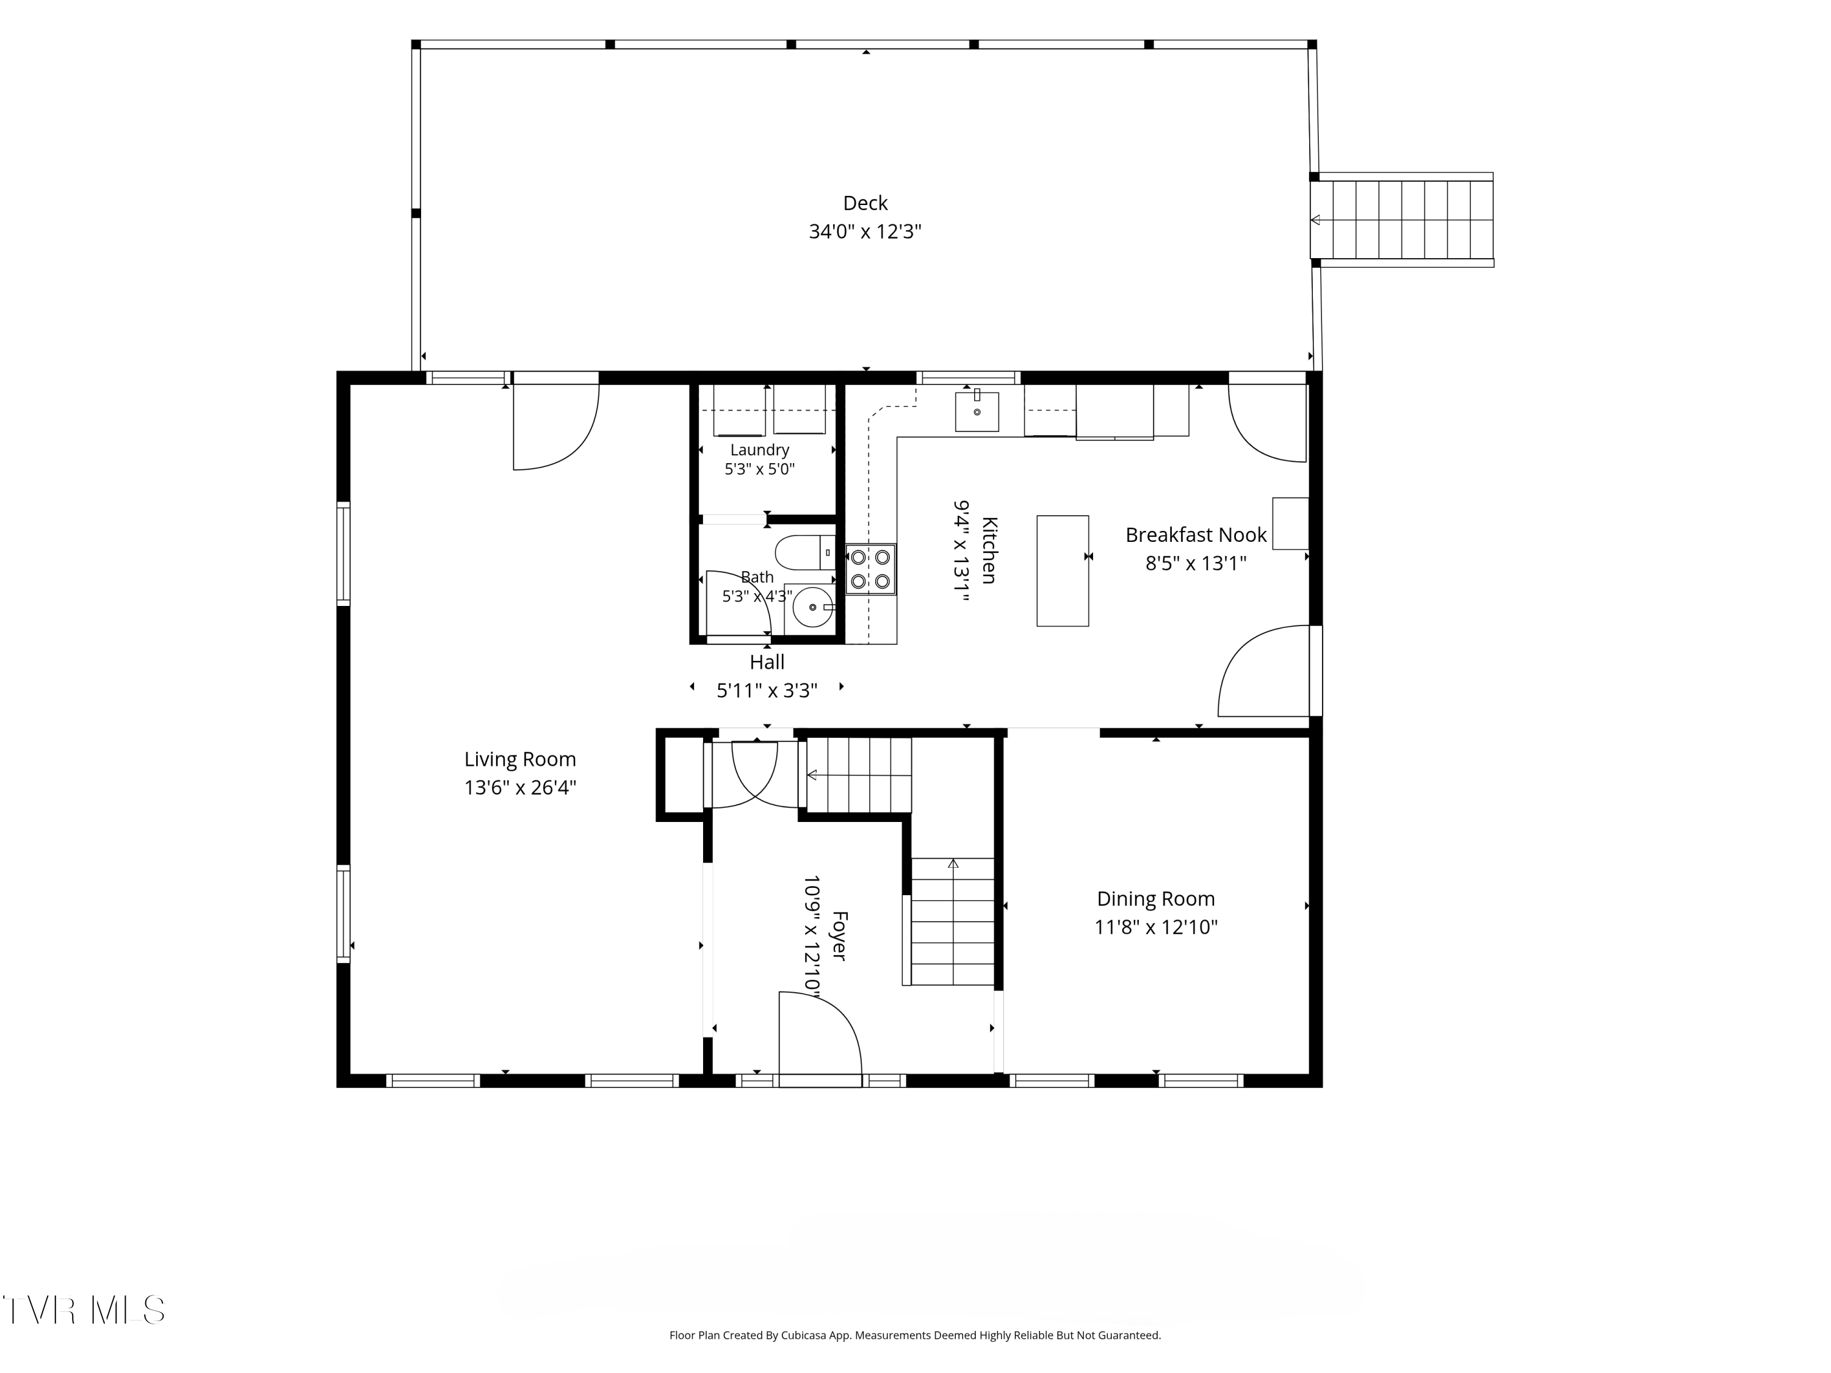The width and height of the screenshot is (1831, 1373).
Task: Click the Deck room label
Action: tap(865, 203)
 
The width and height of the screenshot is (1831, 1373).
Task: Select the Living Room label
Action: tap(520, 759)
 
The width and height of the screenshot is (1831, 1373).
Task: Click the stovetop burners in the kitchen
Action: tap(870, 569)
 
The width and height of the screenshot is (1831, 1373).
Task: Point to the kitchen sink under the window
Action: tap(977, 411)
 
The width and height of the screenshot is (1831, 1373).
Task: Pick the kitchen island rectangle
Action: tap(1063, 571)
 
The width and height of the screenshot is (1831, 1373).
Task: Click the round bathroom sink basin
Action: tap(813, 607)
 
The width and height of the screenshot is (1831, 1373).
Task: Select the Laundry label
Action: tap(760, 450)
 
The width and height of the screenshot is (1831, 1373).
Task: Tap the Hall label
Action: tap(767, 662)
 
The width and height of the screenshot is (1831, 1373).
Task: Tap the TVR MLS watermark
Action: tap(84, 1310)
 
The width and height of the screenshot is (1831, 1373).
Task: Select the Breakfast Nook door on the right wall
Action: tap(1265, 671)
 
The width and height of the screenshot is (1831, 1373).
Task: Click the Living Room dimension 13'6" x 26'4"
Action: tap(520, 787)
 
